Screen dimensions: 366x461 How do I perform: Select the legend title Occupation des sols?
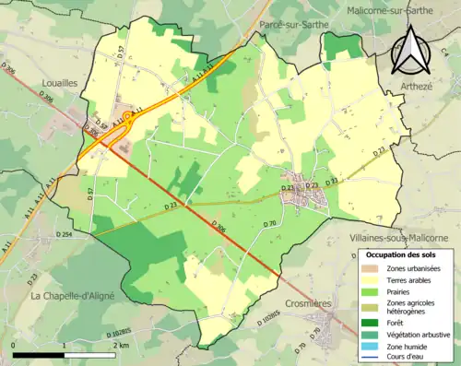click(403, 254)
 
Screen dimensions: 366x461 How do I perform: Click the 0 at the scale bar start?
click(14, 344)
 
